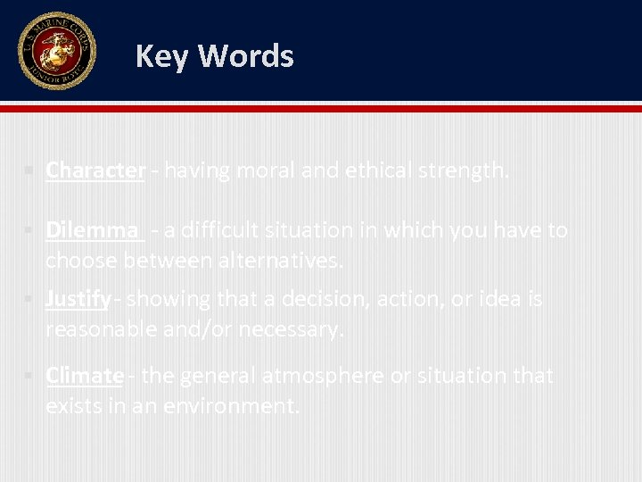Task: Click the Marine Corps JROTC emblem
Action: [56, 51]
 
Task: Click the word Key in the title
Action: [162, 56]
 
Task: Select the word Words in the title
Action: [245, 56]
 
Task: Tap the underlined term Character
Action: [95, 170]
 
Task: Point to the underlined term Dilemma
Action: [92, 230]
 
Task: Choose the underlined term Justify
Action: [78, 299]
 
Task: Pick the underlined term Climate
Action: [85, 376]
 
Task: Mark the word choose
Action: [81, 260]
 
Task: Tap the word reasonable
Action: [101, 329]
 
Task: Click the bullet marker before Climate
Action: [30, 376]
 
